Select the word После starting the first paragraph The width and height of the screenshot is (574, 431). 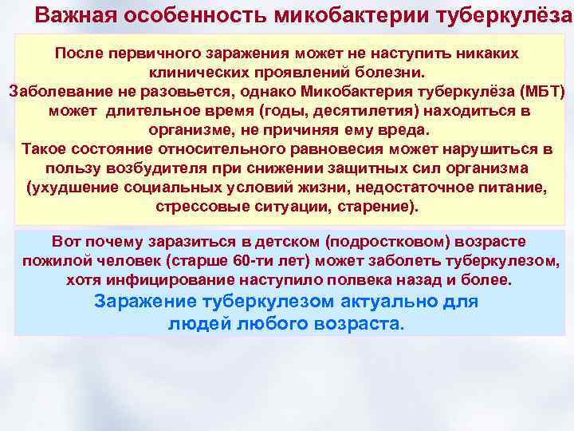[77, 52]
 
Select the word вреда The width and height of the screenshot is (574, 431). [402, 129]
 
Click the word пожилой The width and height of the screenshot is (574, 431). [51, 261]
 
